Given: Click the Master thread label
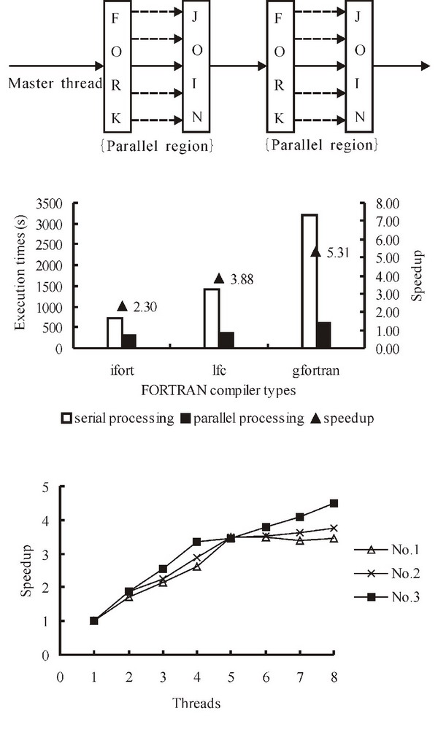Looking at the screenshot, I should point(55,82).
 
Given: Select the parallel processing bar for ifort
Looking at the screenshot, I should point(129,341).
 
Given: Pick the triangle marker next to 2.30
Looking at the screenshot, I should point(122,306).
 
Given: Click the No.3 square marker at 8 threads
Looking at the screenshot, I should point(334,503).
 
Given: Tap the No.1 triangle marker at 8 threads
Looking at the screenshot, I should point(334,538).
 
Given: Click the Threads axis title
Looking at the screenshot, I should point(196,704).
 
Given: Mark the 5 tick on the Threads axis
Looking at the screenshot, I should point(231,676).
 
